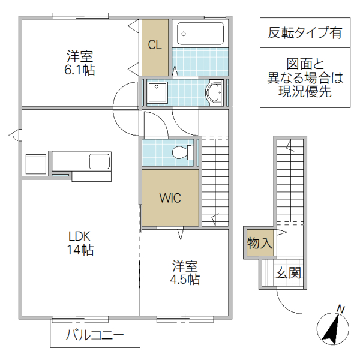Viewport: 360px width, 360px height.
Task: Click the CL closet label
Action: click(x=155, y=46)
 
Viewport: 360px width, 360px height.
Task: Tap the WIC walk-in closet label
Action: click(x=170, y=198)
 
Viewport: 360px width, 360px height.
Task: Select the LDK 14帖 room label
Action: click(x=80, y=243)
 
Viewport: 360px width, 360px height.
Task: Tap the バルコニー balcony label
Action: click(x=95, y=335)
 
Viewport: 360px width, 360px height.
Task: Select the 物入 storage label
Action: click(x=260, y=244)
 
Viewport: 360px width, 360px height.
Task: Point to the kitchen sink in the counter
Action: click(x=99, y=161)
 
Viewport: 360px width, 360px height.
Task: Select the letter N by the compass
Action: click(x=341, y=310)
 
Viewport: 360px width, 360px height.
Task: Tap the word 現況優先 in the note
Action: click(x=305, y=92)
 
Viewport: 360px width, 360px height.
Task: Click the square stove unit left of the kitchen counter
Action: click(x=36, y=164)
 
